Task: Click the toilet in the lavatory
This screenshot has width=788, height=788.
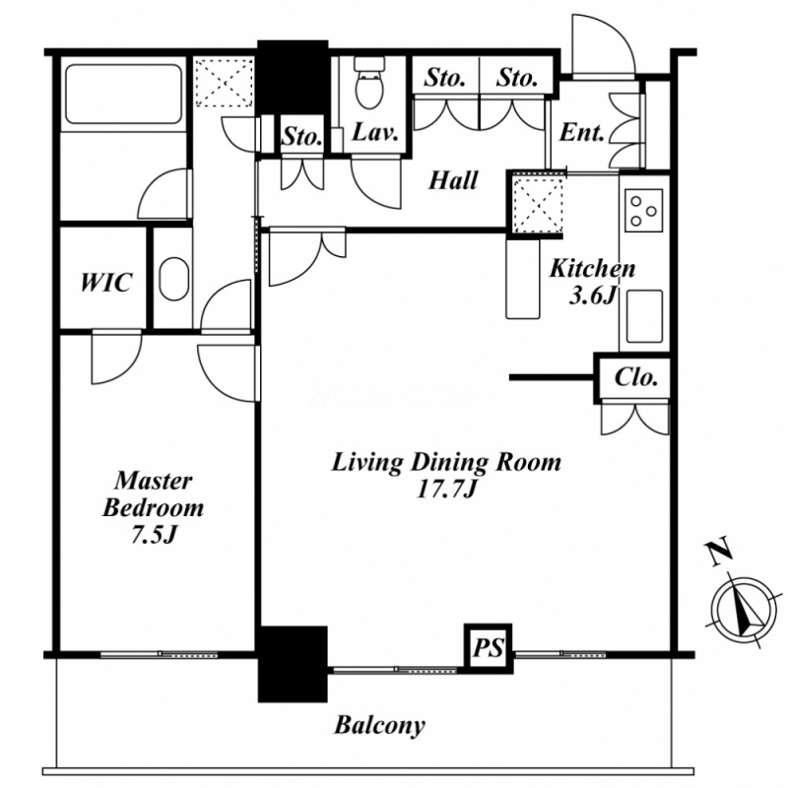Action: click(x=369, y=83)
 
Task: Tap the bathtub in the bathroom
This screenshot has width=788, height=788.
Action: click(x=123, y=94)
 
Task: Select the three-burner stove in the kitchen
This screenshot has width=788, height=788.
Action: click(x=644, y=211)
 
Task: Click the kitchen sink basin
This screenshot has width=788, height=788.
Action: click(x=644, y=316)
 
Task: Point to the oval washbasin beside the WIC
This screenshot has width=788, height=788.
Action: click(x=174, y=280)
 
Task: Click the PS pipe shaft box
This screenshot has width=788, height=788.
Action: click(x=489, y=648)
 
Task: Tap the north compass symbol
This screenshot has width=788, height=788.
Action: click(x=744, y=609)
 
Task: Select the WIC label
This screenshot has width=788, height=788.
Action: click(x=106, y=283)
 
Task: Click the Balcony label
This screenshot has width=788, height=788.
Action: click(x=380, y=726)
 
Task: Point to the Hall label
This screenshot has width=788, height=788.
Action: click(x=453, y=180)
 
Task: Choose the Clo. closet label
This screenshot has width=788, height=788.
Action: click(x=636, y=377)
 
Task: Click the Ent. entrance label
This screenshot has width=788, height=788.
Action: click(x=581, y=133)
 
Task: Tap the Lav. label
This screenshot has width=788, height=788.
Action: click(x=375, y=133)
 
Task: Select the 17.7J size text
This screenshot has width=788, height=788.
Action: click(x=446, y=490)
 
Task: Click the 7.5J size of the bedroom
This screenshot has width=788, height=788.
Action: click(x=154, y=536)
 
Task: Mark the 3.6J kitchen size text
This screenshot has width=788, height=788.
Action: click(x=593, y=296)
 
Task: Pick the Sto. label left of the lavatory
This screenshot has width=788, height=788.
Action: click(x=301, y=136)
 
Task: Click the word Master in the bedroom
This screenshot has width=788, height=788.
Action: click(x=154, y=481)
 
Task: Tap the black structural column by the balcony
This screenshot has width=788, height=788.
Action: click(x=293, y=664)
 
